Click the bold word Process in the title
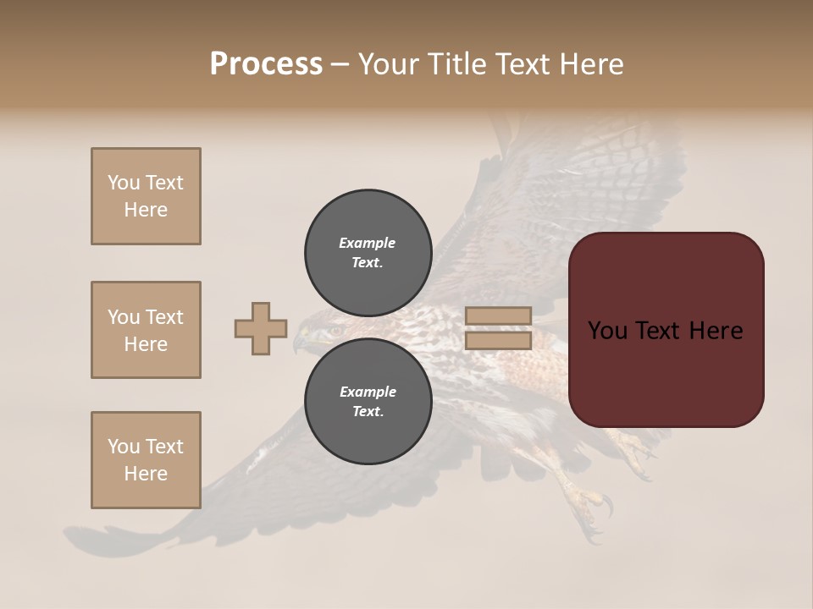pos(266,63)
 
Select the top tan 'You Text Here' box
pos(146,196)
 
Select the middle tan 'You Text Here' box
pos(146,330)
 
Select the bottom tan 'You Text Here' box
pos(146,460)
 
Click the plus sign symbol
pos(261,329)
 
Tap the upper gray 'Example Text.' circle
pos(368,252)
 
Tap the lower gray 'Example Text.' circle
pos(368,401)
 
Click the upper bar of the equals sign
pos(498,316)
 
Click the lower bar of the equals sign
pos(498,341)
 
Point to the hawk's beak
pos(299,343)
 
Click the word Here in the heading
pos(590,63)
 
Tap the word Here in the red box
pos(714,331)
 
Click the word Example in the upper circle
pos(367,243)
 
